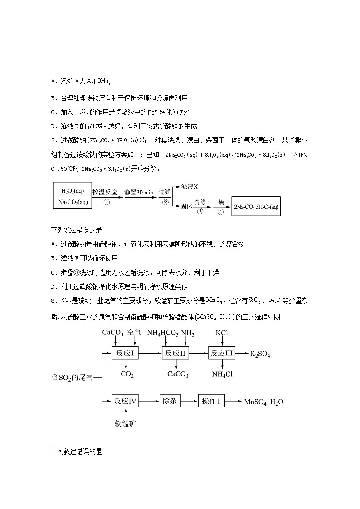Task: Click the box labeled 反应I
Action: pyautogui.click(x=125, y=354)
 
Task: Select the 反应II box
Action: pyautogui.click(x=175, y=354)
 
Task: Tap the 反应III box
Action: pyautogui.click(x=222, y=354)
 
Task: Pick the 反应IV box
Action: pyautogui.click(x=125, y=401)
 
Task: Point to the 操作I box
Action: pyautogui.click(x=211, y=401)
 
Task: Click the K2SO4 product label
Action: pyautogui.click(x=260, y=354)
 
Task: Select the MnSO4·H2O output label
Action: pyautogui.click(x=263, y=402)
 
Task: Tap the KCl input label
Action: pyautogui.click(x=222, y=333)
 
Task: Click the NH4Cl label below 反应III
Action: pyautogui.click(x=222, y=374)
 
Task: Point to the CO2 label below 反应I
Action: pyautogui.click(x=126, y=374)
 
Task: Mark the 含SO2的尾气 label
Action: pyautogui.click(x=73, y=377)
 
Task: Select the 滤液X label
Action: pyautogui.click(x=190, y=186)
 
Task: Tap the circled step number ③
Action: pyautogui.click(x=200, y=212)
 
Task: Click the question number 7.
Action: pyautogui.click(x=54, y=140)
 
